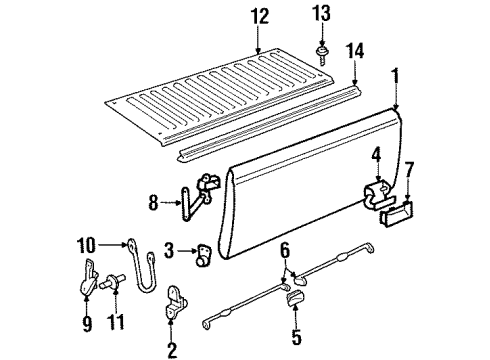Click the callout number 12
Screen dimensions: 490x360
pyautogui.click(x=260, y=16)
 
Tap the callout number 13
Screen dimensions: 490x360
pyautogui.click(x=322, y=13)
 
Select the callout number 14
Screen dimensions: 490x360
pyautogui.click(x=355, y=51)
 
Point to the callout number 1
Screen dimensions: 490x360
pyautogui.click(x=395, y=76)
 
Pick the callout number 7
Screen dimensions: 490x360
pyautogui.click(x=409, y=171)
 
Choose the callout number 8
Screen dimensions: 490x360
pyautogui.click(x=153, y=202)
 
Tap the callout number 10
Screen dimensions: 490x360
pyautogui.click(x=86, y=245)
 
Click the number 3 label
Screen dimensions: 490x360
pyautogui.click(x=169, y=250)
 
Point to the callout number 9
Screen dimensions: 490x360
pyautogui.click(x=87, y=324)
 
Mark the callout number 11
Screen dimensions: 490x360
pyautogui.click(x=116, y=322)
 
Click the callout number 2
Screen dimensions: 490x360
pyautogui.click(x=172, y=350)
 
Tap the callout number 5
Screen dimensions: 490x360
pyautogui.click(x=296, y=336)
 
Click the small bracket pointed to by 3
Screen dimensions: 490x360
pyautogui.click(x=203, y=255)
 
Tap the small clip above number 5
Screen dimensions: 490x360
pyautogui.click(x=295, y=298)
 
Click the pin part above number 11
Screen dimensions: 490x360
pyautogui.click(x=112, y=281)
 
